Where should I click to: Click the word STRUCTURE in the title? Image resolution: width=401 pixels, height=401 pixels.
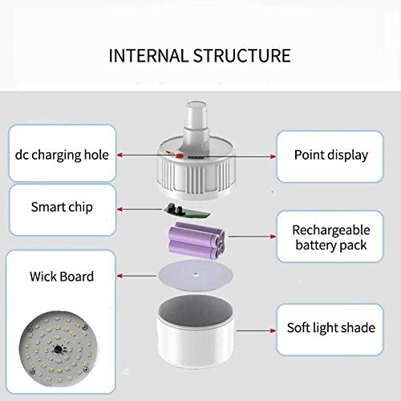242,55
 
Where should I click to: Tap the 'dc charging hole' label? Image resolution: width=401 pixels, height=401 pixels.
62,155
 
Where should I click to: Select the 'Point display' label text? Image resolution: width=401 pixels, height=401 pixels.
331,156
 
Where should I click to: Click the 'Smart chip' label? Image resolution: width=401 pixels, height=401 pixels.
62,207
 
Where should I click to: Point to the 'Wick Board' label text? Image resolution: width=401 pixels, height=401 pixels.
62,277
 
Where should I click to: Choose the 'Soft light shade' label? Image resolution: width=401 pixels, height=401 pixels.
331,328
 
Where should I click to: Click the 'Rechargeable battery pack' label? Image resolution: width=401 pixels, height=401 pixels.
331,237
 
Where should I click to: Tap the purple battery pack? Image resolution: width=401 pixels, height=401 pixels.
196,241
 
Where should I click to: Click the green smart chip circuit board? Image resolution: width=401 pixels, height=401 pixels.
186,211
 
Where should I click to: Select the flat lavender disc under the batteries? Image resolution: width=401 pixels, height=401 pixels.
195,275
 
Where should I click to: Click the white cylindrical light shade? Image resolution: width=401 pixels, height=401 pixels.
196,330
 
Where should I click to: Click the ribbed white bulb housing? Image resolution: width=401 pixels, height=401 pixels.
196,170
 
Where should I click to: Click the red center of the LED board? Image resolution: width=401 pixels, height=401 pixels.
58,349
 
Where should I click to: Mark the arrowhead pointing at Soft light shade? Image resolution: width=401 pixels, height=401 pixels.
273,330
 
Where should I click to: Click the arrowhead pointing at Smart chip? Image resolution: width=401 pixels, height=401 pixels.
120,209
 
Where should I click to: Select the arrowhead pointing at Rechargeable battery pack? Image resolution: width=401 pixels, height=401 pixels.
273,237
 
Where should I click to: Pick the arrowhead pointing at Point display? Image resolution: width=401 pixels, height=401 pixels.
273,156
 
